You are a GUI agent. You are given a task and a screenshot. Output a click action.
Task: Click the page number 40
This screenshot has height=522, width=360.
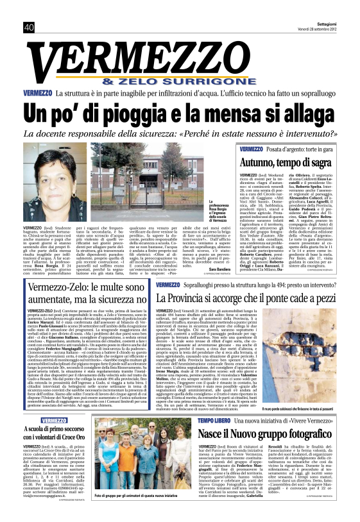tap(29, 27)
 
